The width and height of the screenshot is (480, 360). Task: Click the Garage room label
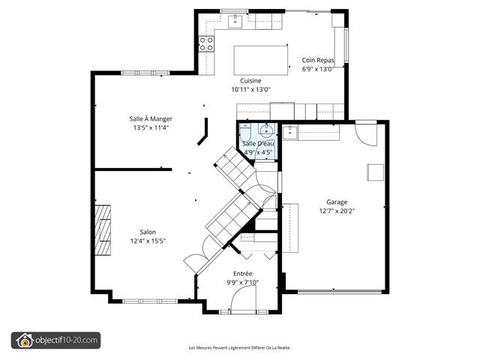(337, 202)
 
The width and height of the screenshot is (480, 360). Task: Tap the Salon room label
(148, 232)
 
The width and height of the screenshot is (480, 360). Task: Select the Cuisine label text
(250, 81)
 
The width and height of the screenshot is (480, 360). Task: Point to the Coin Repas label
(318, 60)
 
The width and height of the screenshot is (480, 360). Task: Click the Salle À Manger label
(151, 118)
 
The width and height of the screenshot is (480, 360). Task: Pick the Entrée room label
(243, 274)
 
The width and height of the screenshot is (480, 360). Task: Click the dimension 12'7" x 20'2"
(337, 211)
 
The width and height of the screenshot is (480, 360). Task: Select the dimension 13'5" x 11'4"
(151, 127)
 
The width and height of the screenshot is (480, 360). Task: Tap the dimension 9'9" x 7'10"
(243, 283)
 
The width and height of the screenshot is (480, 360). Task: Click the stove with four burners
(206, 43)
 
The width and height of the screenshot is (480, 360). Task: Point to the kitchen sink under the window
(235, 22)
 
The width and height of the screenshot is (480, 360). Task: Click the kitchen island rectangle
(261, 60)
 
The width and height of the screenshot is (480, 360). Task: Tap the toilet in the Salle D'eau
(245, 132)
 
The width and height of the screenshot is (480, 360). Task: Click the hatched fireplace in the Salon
(103, 230)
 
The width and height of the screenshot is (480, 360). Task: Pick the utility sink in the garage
(289, 133)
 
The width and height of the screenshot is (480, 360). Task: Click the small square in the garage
(376, 172)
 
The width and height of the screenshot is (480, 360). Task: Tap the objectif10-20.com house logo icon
(25, 340)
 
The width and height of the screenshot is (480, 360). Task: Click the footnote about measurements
(240, 348)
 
